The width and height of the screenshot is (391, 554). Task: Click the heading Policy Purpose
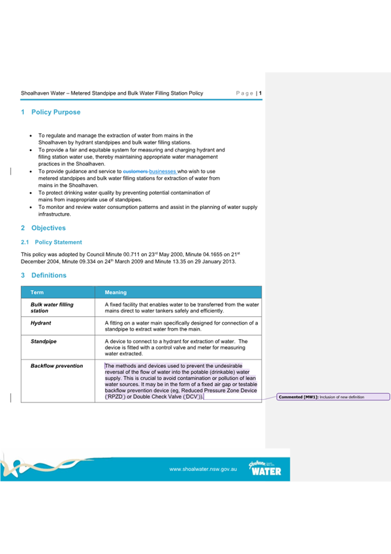pos(55,112)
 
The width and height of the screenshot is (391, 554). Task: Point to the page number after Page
pos(260,93)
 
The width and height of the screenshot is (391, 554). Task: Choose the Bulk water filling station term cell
pos(52,308)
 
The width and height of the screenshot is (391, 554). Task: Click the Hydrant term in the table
pos(41,323)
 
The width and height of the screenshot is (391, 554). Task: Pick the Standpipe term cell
pos(44,341)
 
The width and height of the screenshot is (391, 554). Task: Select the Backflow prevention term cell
pos(57,366)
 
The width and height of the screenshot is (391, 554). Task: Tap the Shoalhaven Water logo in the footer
pos(265,468)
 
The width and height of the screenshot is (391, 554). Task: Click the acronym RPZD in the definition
pos(117,397)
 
